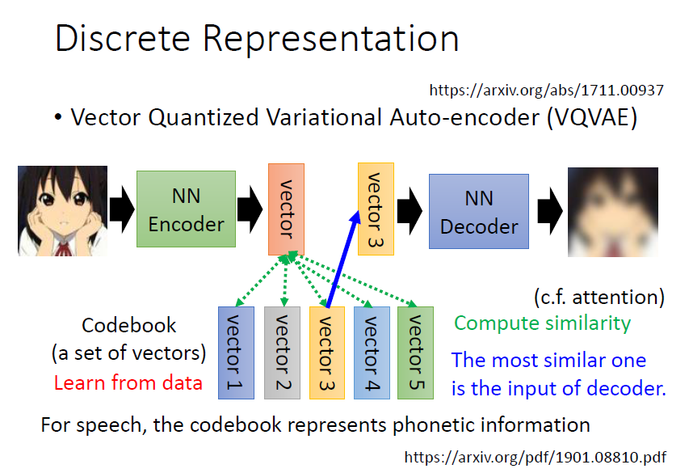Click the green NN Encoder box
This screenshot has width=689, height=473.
[186, 209]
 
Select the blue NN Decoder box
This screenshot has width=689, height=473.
[479, 211]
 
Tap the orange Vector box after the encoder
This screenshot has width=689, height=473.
[284, 209]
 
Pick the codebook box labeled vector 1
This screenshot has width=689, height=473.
[236, 353]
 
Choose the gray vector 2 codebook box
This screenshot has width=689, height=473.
[282, 353]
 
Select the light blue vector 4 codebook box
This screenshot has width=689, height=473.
[370, 353]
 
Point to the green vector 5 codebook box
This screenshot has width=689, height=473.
[414, 353]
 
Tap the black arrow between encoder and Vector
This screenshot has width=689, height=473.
[251, 209]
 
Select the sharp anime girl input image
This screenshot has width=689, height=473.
[63, 211]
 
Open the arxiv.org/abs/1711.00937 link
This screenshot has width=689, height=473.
[546, 90]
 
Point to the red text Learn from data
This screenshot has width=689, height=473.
[128, 382]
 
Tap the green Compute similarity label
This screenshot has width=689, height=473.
[542, 323]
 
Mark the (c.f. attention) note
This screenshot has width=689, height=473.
[599, 297]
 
